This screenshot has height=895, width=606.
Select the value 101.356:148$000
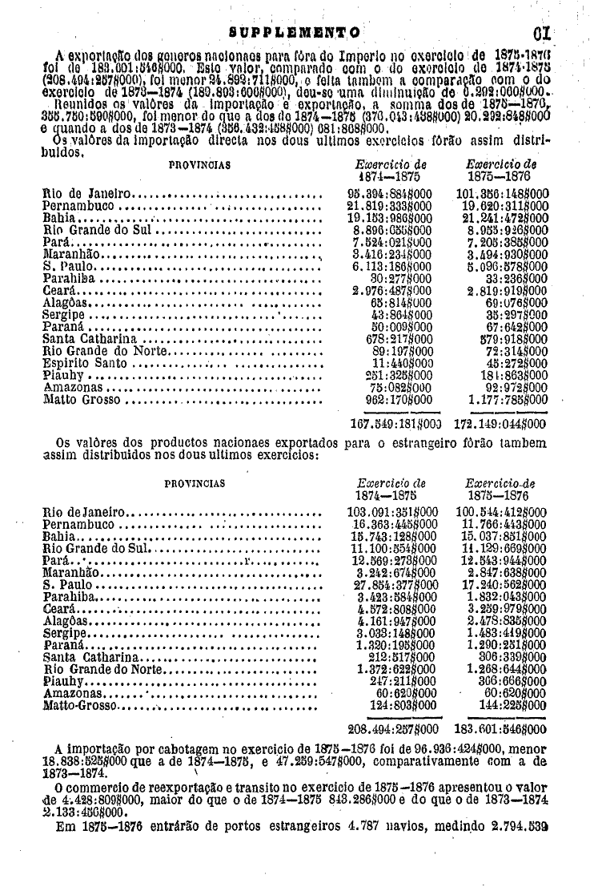tap(501, 194)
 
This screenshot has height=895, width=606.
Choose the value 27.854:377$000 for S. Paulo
tap(393, 585)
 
